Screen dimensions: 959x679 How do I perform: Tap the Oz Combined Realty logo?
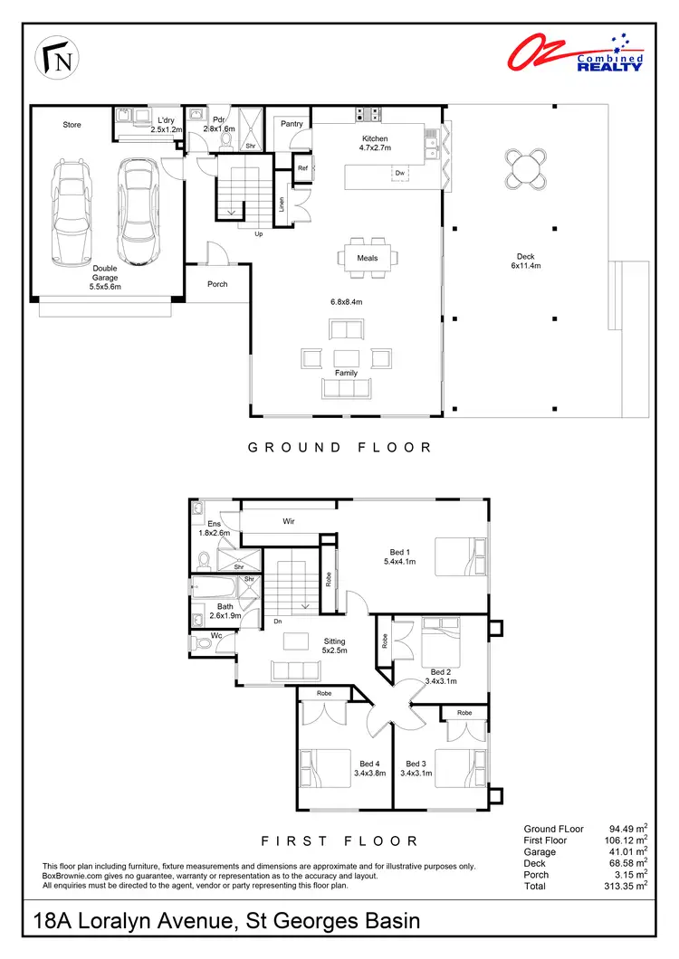pos(576,52)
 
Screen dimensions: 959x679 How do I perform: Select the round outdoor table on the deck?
pos(527,168)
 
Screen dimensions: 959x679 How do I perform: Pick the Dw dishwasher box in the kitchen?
pos(399,172)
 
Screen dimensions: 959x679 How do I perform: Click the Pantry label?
pos(292,124)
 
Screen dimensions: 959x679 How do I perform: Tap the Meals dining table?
pos(367,257)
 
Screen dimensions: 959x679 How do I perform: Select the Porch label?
pos(217,284)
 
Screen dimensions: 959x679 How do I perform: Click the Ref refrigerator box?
pos(303,167)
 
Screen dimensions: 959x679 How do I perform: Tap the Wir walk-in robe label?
pos(290,522)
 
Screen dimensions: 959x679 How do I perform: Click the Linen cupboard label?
pos(282,206)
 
